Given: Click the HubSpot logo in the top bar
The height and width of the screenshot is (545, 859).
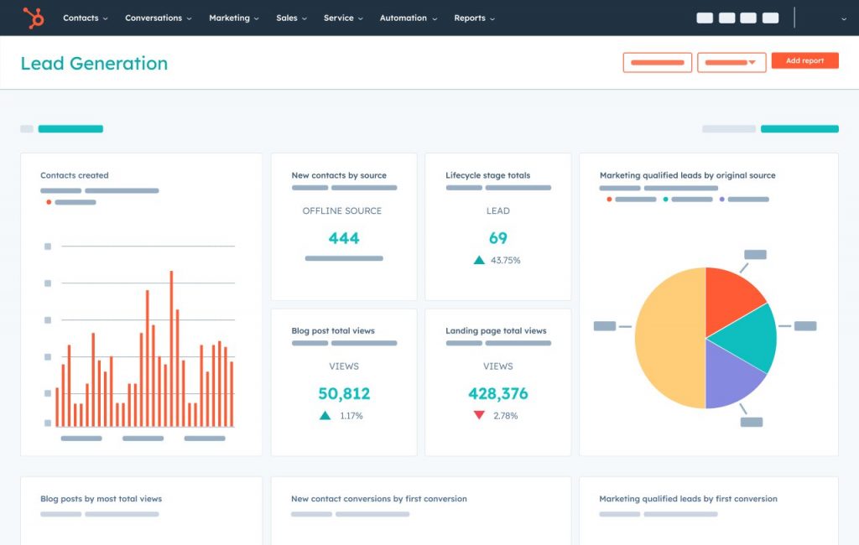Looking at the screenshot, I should click(x=34, y=18).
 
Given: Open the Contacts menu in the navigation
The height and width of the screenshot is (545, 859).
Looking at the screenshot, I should click(x=85, y=18).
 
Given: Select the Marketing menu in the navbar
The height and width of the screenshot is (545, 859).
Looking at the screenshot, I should click(x=233, y=18).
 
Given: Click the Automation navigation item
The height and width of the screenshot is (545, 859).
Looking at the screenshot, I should click(x=407, y=18).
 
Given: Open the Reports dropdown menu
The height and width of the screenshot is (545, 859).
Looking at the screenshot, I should click(x=474, y=18).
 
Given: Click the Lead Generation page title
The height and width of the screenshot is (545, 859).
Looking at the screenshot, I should click(x=94, y=64).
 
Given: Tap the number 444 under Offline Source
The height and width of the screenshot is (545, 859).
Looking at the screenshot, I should click(x=344, y=238).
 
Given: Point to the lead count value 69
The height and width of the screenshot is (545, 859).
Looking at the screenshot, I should click(x=498, y=238).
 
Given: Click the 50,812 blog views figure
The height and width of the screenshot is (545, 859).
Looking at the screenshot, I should click(x=344, y=393).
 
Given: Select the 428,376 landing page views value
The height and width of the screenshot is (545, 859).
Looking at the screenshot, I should click(x=498, y=393).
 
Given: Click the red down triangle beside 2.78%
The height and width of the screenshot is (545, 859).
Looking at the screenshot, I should click(x=479, y=415).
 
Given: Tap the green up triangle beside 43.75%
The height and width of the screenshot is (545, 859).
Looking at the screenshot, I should click(x=479, y=260).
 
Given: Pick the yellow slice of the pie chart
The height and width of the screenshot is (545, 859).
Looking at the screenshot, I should click(x=667, y=338).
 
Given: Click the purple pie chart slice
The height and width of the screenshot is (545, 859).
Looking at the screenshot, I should click(x=730, y=377).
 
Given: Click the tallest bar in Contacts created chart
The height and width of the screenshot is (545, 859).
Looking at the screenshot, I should click(x=171, y=348).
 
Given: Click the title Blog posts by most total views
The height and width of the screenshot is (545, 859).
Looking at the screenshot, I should click(x=101, y=499).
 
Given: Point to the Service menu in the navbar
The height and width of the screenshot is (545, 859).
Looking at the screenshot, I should click(x=342, y=18).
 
